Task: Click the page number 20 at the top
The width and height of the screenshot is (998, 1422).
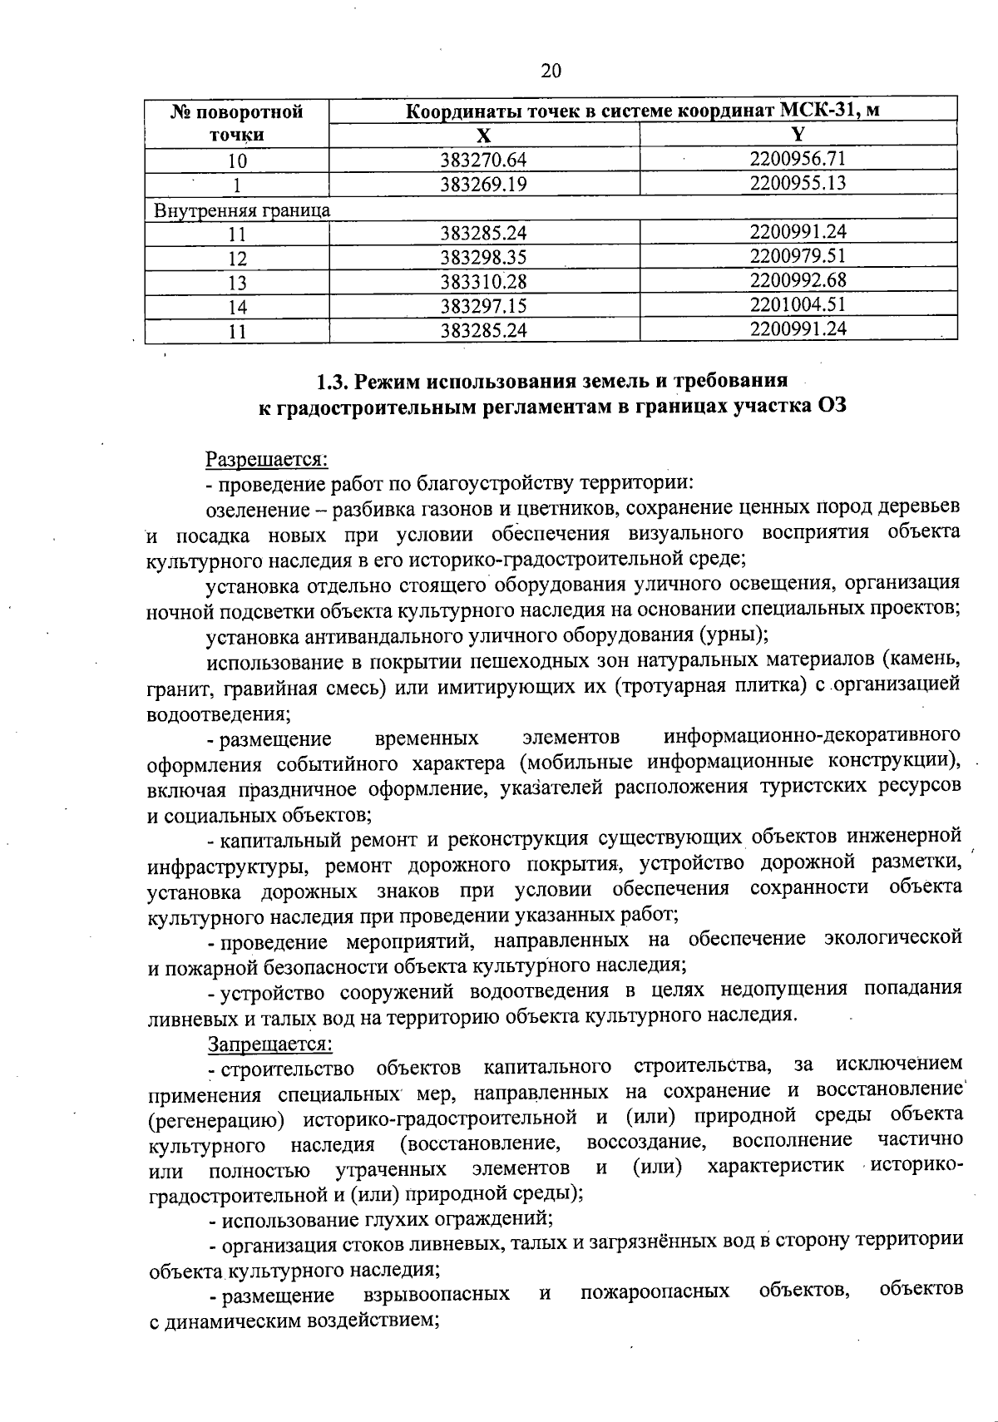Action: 551,72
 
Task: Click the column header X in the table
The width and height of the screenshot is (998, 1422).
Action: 484,136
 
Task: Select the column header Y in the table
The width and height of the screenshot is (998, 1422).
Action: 798,135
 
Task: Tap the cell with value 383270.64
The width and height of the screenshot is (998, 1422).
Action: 484,160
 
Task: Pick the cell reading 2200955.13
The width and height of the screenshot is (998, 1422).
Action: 798,183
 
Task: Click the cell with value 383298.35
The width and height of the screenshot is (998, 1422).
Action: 484,257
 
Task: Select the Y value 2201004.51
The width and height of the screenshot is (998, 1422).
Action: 798,304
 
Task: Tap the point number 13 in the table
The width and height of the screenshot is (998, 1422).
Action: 238,283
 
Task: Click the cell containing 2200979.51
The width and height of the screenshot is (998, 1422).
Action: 798,256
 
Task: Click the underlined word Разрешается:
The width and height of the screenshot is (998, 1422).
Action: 267,458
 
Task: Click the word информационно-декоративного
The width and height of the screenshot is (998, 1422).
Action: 813,736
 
